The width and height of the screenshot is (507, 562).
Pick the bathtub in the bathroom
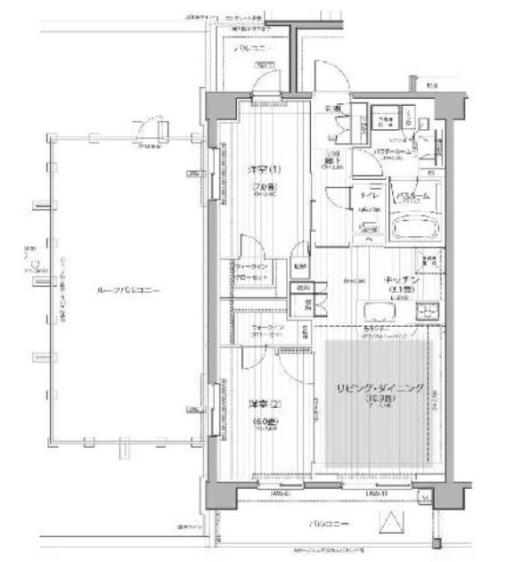tap(417, 226)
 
